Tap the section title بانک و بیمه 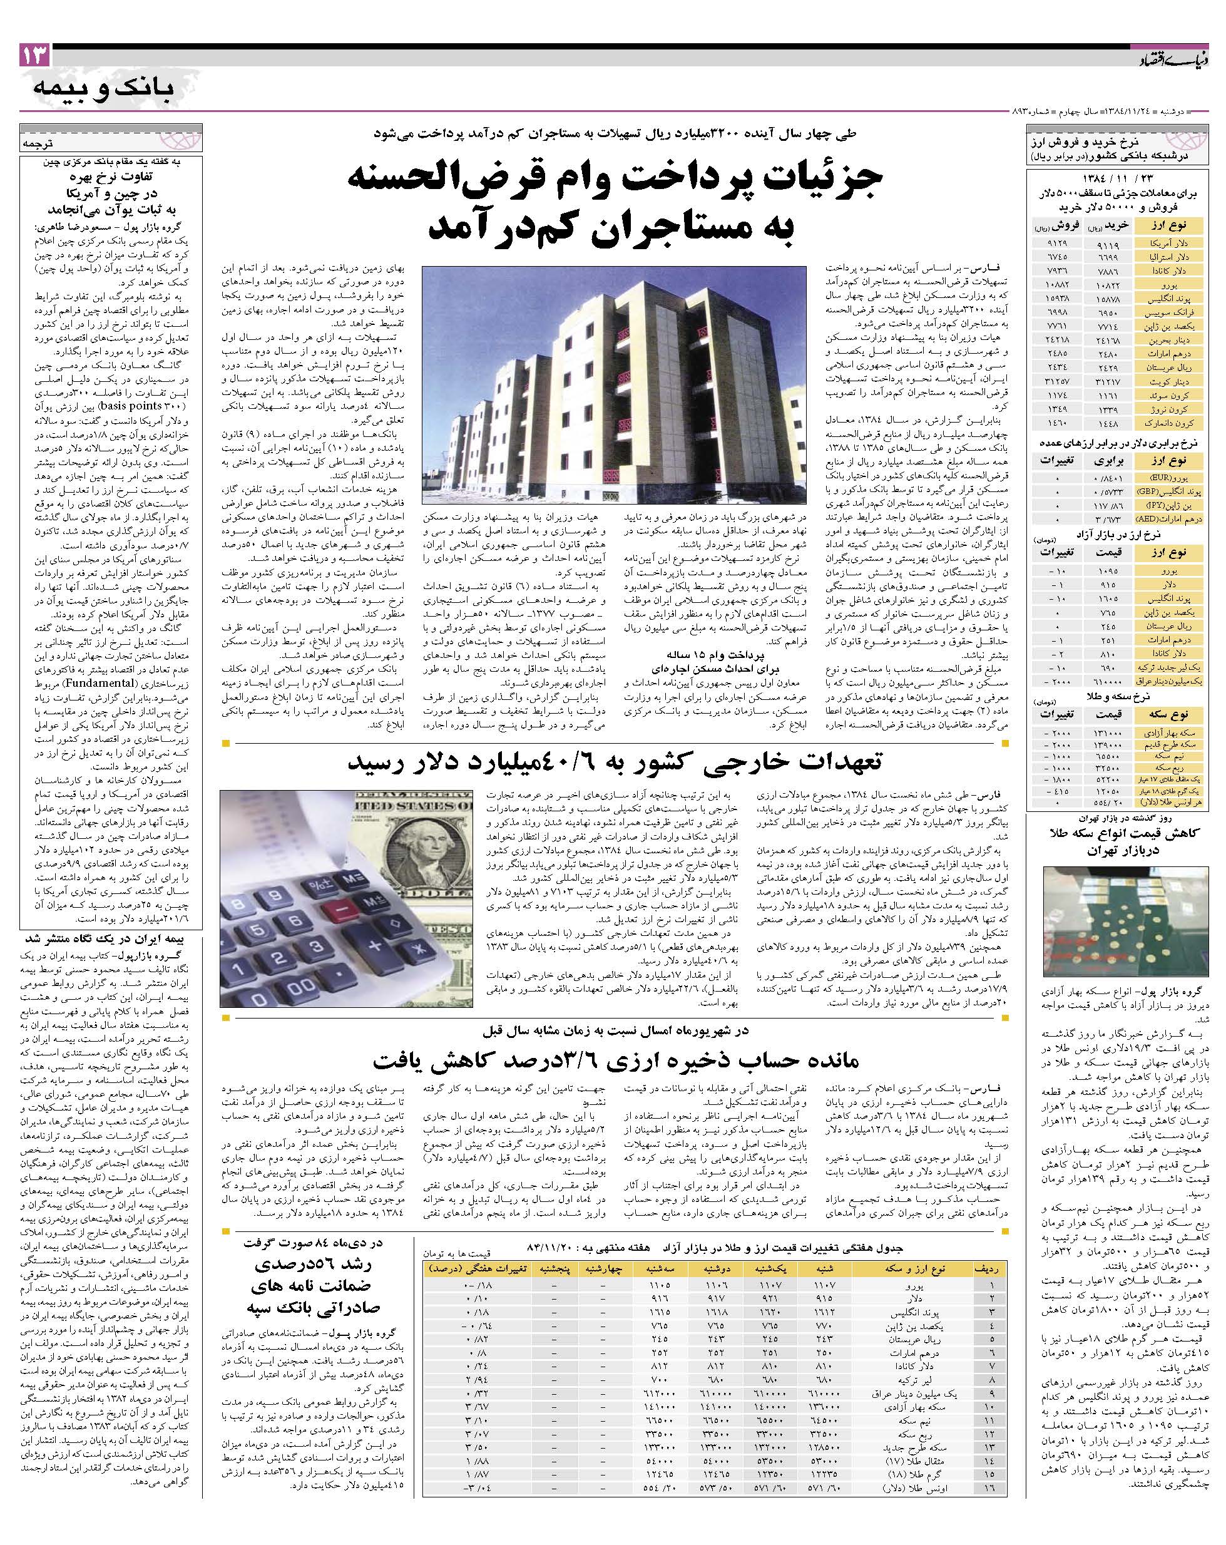coord(103,89)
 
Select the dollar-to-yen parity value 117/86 coord(1107,505)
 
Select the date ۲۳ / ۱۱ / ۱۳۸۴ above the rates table coord(1116,178)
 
